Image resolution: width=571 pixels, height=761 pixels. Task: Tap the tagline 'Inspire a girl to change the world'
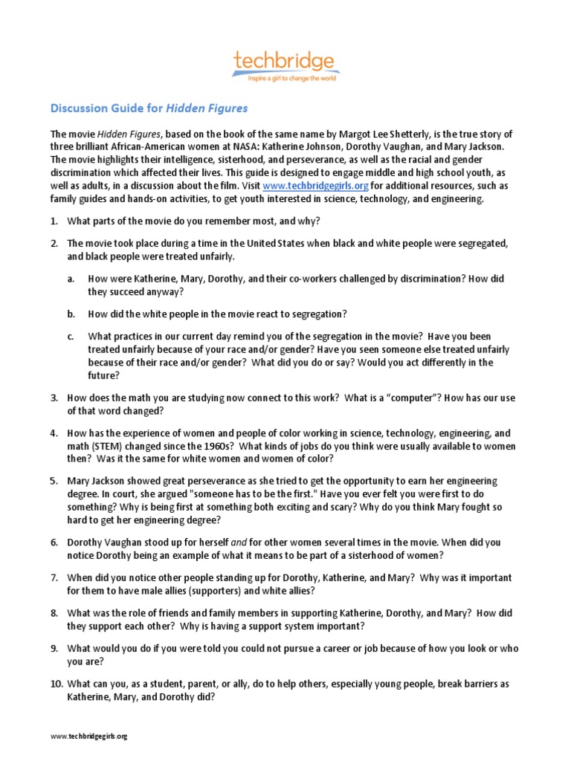(285, 77)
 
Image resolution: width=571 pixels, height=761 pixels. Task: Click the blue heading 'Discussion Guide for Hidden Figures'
(149, 109)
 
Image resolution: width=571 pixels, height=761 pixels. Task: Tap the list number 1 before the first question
(54, 221)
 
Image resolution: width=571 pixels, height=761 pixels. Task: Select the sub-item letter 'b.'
(71, 314)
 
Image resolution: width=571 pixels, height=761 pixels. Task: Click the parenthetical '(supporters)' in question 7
(252, 591)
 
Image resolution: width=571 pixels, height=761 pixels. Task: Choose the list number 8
(54, 613)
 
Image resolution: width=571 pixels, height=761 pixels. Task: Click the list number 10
(56, 684)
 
